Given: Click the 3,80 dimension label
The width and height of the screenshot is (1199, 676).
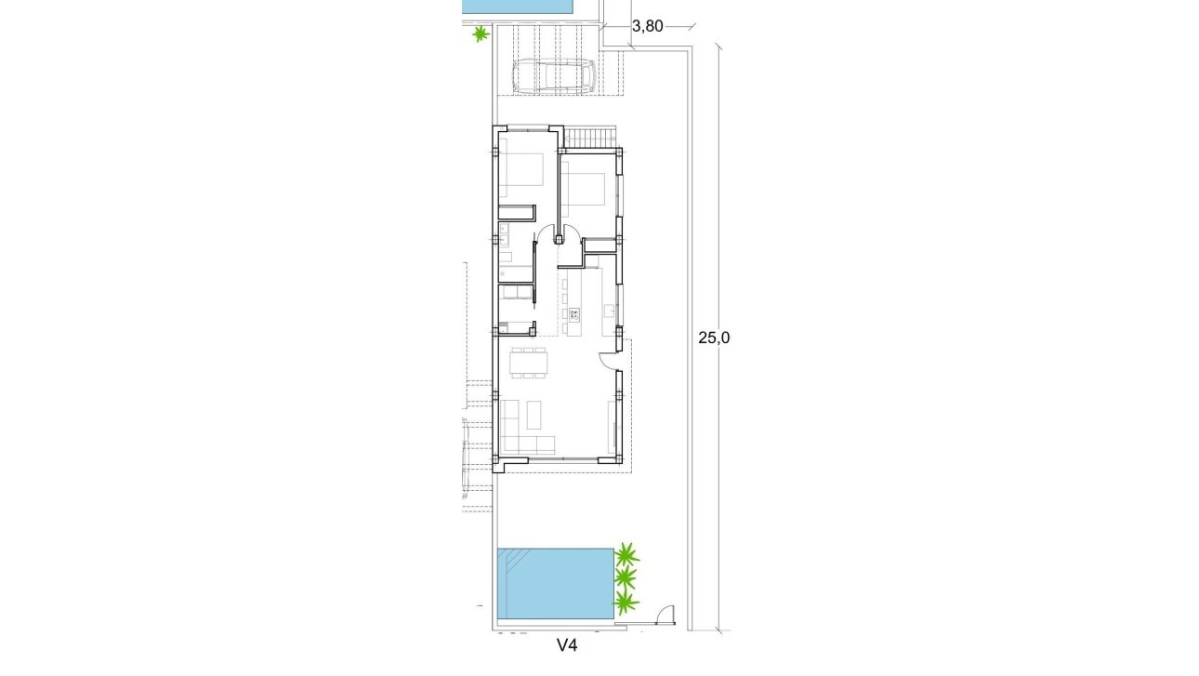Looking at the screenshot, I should click(x=647, y=26).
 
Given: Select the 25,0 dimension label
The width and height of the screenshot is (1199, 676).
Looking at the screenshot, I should click(x=715, y=338).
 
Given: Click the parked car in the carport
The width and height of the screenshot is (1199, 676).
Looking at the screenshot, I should click(x=554, y=76).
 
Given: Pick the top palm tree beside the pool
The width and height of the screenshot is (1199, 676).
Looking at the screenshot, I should click(x=627, y=557).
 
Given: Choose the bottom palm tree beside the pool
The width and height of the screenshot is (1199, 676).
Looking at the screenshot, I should click(x=627, y=604).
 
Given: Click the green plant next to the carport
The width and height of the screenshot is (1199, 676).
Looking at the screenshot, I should click(x=480, y=34).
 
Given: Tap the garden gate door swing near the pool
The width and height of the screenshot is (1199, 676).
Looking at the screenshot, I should click(x=665, y=616).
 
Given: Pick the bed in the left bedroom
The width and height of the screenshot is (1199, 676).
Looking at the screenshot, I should click(x=522, y=177).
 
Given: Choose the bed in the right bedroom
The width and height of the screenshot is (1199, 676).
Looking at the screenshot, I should click(x=586, y=190).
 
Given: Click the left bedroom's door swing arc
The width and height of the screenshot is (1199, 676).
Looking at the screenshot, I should click(x=547, y=236).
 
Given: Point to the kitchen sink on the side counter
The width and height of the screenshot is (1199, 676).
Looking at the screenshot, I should click(x=609, y=308).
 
